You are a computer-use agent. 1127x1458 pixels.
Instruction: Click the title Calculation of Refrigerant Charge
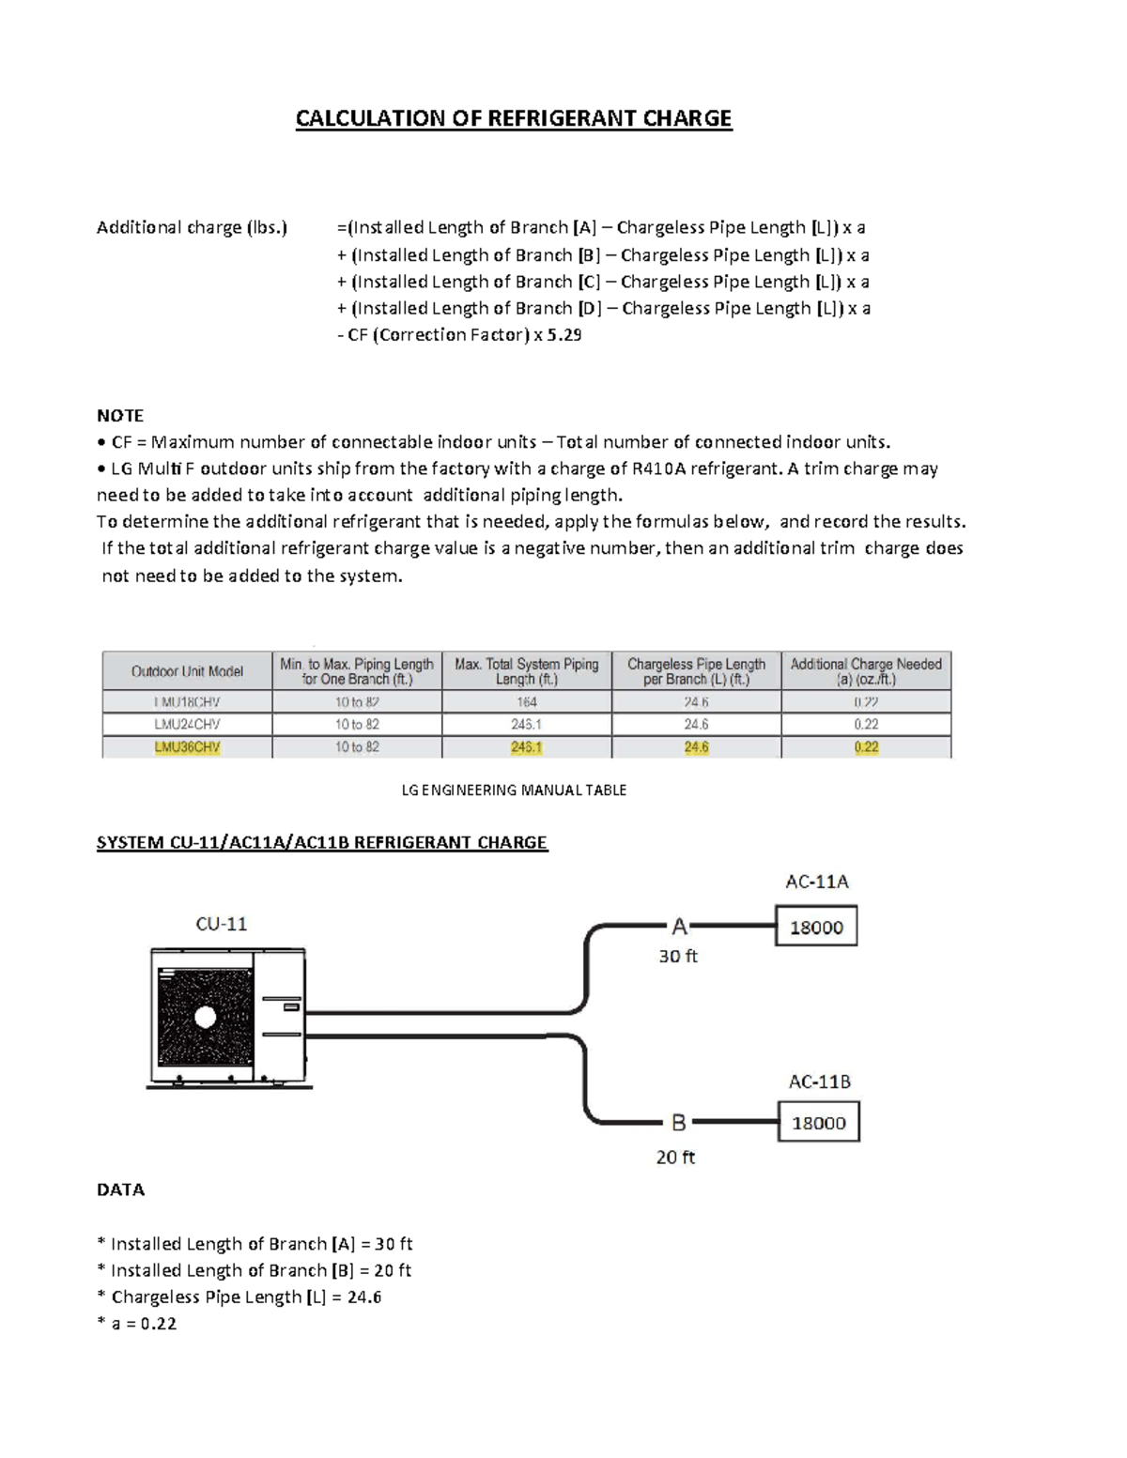click(513, 118)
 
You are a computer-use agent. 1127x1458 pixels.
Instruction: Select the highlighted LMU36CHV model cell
click(187, 747)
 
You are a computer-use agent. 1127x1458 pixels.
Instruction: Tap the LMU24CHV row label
click(187, 724)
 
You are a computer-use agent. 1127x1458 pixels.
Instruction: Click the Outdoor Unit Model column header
click(187, 671)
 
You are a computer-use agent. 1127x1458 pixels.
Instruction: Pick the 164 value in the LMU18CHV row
click(526, 702)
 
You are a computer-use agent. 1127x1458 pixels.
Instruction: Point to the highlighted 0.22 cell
click(866, 747)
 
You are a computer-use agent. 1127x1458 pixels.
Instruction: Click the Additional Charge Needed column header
click(866, 671)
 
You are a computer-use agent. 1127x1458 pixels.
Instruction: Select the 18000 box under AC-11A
click(816, 928)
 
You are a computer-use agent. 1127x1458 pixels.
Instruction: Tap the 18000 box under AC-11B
click(819, 1123)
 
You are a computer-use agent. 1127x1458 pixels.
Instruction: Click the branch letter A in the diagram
click(679, 928)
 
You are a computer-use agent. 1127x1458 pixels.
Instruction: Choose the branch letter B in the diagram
click(678, 1123)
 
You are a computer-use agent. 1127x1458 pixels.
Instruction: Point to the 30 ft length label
click(677, 957)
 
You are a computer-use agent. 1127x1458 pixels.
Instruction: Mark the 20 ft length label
click(675, 1158)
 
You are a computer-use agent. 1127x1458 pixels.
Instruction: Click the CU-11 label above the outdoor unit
click(222, 924)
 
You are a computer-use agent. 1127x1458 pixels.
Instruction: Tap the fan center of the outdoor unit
click(204, 1017)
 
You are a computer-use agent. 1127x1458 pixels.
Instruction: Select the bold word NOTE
click(120, 416)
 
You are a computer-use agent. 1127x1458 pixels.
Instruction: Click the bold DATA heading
click(120, 1190)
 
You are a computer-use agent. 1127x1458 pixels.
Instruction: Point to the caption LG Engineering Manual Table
click(514, 790)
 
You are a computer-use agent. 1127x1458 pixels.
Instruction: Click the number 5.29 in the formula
click(563, 335)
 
